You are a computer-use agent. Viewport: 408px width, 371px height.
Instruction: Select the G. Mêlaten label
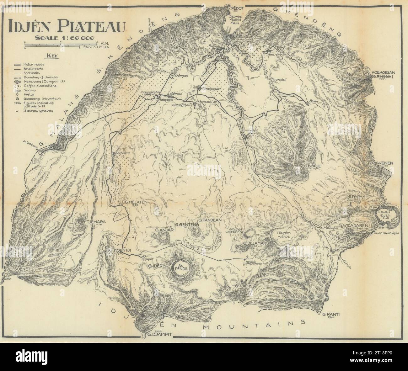[x=136, y=202]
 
